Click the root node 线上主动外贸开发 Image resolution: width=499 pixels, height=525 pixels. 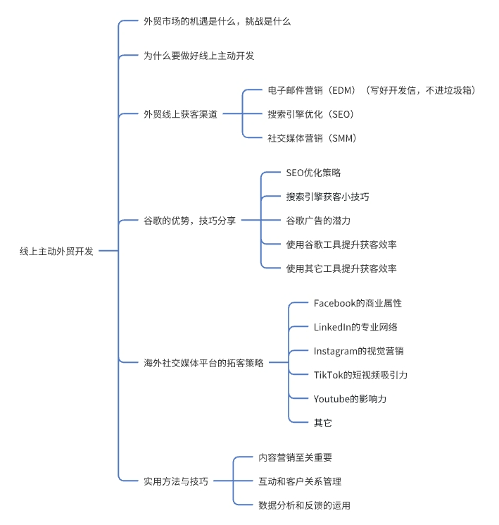click(56, 252)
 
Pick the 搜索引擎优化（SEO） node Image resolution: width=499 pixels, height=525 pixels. click(310, 114)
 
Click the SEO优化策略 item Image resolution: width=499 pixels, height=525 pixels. click(313, 173)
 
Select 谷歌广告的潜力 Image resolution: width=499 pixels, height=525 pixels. click(318, 221)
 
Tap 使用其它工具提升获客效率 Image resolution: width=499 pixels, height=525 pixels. click(341, 268)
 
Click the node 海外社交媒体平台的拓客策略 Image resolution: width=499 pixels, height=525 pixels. click(203, 363)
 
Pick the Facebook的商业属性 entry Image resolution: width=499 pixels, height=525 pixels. click(358, 303)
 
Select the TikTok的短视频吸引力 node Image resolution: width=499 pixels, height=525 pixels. click(360, 375)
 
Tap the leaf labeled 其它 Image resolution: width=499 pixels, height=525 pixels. click(322, 423)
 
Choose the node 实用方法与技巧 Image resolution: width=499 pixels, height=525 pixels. click(175, 481)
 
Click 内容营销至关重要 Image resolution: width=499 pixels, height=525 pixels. click(296, 457)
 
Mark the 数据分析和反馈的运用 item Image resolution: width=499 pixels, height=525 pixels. click(304, 505)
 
